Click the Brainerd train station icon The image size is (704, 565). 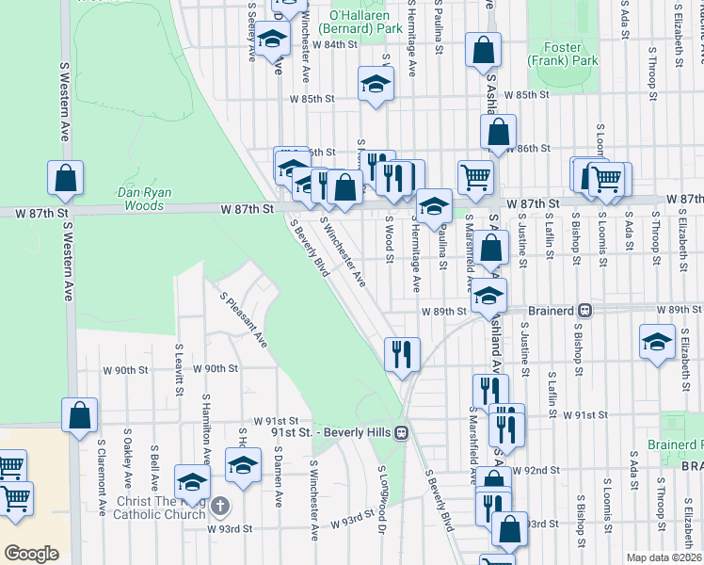coord(584,310)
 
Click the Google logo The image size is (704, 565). coord(31,553)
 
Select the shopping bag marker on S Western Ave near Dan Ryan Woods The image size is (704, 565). coord(66,177)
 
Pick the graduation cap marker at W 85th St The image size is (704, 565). coord(376,83)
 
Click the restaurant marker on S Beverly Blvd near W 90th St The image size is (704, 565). coord(402,355)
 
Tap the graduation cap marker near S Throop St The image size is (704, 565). coord(657,341)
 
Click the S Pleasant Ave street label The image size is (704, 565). coord(244,319)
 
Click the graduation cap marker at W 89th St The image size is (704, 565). coord(488,296)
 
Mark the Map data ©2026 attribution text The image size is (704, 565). coord(664,557)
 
